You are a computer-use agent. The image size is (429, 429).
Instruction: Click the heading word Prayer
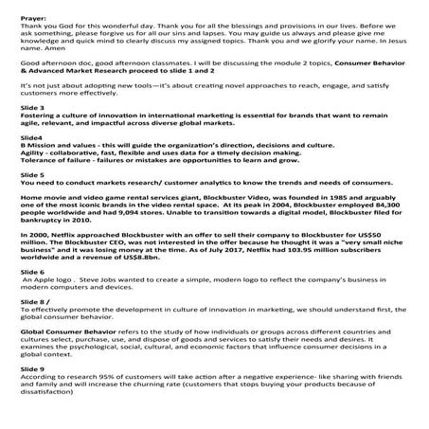point(20,6)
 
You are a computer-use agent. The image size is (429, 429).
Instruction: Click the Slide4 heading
point(18,163)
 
